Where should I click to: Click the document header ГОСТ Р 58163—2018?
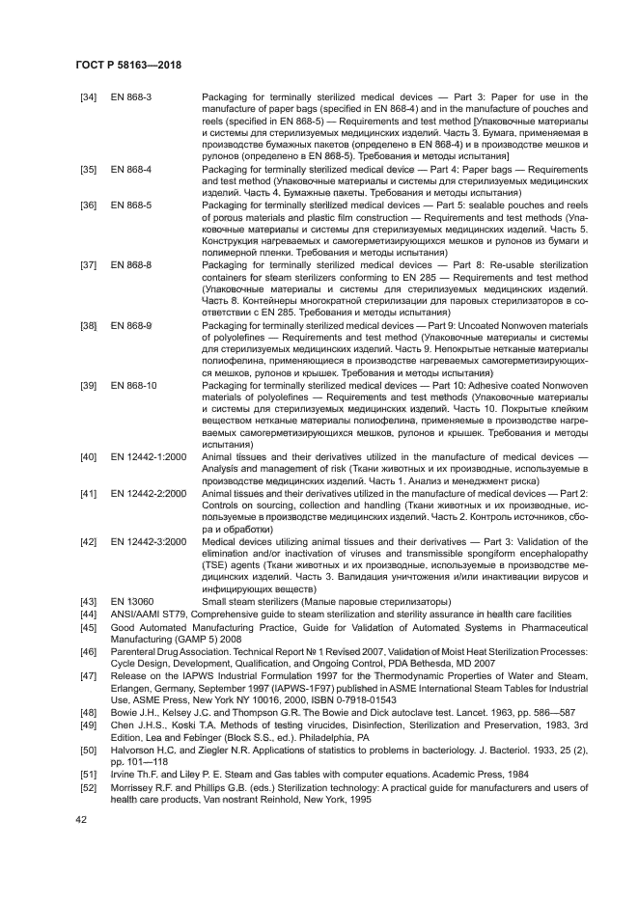click(128, 66)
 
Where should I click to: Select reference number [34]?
click(88, 97)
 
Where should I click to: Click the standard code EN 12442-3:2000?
click(148, 541)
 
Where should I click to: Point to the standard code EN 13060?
click(129, 601)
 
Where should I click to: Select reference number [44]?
click(88, 614)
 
